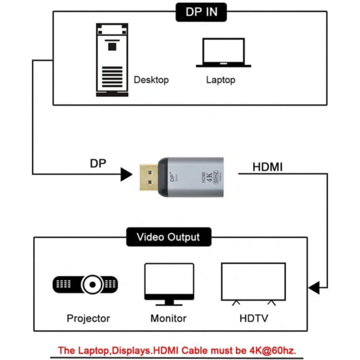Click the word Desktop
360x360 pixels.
[151, 80]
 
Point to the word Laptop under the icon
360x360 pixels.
[220, 80]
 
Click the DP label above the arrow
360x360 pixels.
[98, 163]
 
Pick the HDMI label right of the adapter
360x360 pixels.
[267, 167]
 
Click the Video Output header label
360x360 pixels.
[168, 236]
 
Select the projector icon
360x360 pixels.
[85, 284]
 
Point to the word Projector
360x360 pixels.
[88, 318]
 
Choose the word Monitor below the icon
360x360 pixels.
[168, 318]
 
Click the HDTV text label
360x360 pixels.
[253, 318]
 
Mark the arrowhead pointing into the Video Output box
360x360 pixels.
[314, 288]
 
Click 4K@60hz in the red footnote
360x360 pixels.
[271, 350]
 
